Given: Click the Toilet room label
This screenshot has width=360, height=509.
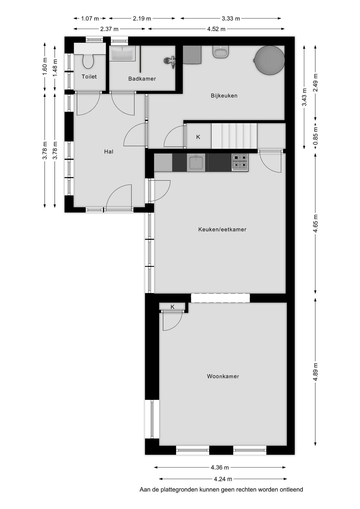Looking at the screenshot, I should click(89, 77).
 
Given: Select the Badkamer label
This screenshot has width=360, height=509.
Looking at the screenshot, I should click(142, 79).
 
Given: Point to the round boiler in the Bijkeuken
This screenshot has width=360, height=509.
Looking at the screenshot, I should click(269, 60).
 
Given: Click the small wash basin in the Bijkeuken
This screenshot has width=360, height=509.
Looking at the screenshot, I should click(221, 52).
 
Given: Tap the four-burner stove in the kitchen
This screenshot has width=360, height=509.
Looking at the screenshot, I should click(240, 162).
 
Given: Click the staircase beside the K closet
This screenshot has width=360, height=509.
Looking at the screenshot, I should click(234, 136).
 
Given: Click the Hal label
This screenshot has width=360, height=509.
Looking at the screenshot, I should click(109, 152).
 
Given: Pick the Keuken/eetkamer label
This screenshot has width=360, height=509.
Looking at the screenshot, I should click(222, 230).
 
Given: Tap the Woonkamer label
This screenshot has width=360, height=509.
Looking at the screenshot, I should click(223, 376).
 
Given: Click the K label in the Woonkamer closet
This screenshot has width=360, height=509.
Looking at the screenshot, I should click(173, 307).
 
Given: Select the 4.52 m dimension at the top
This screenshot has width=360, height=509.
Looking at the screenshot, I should click(216, 29).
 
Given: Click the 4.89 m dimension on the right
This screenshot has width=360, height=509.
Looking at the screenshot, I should click(315, 372).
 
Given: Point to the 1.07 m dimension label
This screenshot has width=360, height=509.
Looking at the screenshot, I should click(90, 19).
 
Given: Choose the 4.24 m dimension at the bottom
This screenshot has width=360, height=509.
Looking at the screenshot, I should click(223, 479).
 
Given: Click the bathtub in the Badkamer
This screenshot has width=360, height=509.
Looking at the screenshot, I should click(122, 54).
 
